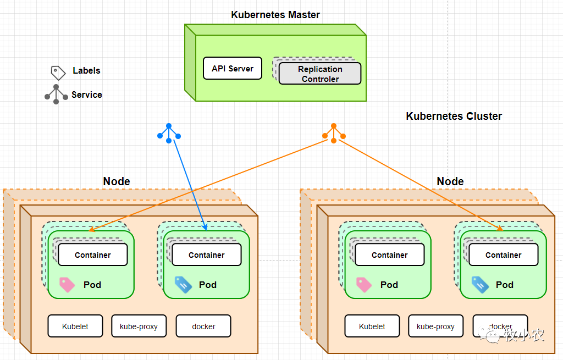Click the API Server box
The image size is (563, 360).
(x=233, y=69)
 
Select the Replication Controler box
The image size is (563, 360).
(x=320, y=74)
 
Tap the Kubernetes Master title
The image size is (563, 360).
(x=275, y=15)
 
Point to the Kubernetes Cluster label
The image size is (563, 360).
(x=454, y=116)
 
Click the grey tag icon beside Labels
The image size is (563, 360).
(x=58, y=72)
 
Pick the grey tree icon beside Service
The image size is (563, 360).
(x=56, y=95)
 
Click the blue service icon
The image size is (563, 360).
(x=169, y=132)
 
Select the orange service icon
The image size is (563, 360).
(x=333, y=132)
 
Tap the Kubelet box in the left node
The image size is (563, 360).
(x=75, y=326)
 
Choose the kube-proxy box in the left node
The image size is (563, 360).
(x=139, y=326)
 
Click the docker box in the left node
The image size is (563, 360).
(x=203, y=326)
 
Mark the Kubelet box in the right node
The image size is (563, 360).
(x=372, y=326)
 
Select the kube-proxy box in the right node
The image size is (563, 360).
(x=435, y=326)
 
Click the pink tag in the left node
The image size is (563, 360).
(x=67, y=284)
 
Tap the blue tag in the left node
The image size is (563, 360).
(x=183, y=284)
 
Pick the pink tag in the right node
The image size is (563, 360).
(x=364, y=284)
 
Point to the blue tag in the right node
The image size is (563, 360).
(x=480, y=284)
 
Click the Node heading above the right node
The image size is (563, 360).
(x=450, y=181)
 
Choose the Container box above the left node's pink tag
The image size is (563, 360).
(x=93, y=254)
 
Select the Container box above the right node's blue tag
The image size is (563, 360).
(x=503, y=254)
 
